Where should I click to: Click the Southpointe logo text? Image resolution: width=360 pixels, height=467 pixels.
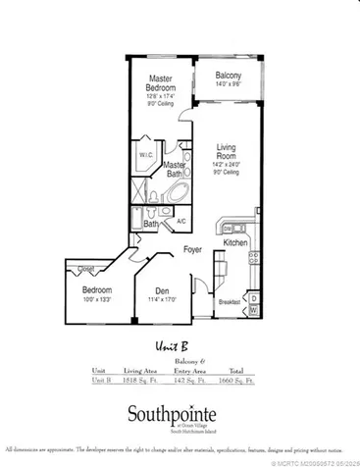[x=180, y=413]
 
